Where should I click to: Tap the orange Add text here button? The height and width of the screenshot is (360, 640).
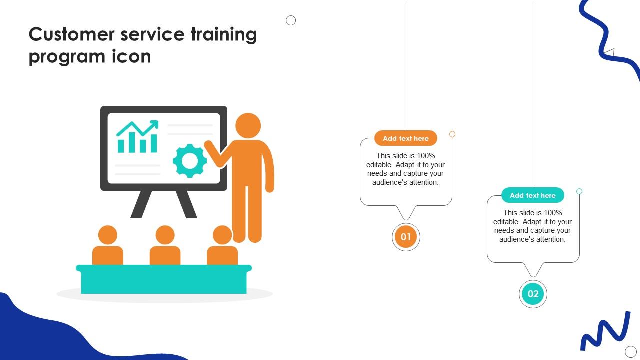406,138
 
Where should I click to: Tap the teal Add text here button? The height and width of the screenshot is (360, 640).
533,195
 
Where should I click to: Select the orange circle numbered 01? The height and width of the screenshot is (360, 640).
406,237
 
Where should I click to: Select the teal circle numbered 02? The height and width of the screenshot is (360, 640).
533,294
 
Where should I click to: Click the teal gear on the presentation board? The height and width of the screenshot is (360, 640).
190,161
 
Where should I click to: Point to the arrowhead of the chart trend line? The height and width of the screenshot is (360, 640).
155,123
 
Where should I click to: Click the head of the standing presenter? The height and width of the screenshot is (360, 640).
248,126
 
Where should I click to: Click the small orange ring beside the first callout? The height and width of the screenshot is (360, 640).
452,134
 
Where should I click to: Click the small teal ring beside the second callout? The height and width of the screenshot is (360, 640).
579,191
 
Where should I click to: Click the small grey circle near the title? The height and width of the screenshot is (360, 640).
291,20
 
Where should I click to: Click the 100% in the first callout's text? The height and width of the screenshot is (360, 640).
426,156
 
